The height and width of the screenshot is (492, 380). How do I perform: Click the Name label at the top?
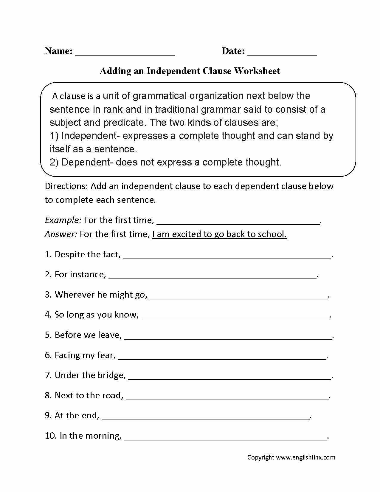[58, 51]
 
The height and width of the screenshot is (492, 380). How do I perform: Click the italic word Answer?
[61, 234]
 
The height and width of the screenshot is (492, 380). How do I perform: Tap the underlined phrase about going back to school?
[219, 234]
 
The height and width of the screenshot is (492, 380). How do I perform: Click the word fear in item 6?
[106, 355]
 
